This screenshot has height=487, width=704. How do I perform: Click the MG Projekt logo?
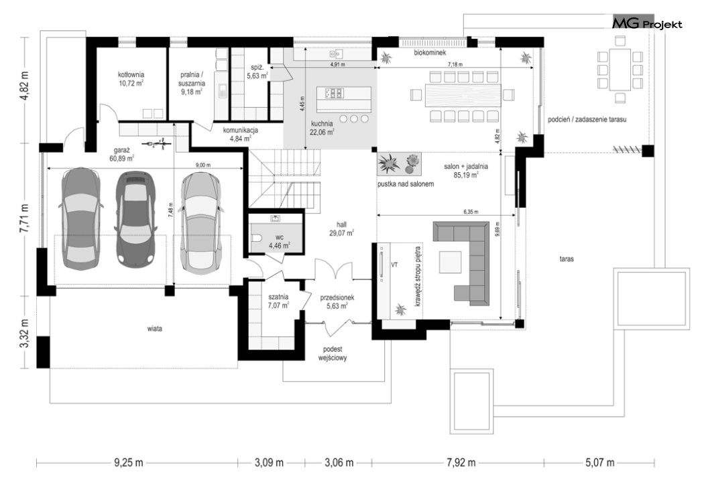(x=647, y=23)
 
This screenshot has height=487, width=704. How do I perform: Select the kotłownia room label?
(x=131, y=79)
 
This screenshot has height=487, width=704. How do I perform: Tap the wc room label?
(x=280, y=241)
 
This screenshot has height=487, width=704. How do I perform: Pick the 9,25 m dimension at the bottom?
(x=129, y=462)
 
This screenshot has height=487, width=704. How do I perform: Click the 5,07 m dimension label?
(x=599, y=462)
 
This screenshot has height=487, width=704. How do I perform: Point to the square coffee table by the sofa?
(x=451, y=262)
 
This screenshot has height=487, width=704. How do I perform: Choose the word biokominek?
(x=430, y=53)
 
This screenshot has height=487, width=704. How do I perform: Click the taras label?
(x=567, y=259)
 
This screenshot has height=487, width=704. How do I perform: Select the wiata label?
(x=154, y=329)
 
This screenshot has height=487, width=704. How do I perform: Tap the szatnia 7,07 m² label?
(x=278, y=301)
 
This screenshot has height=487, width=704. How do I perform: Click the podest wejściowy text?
(x=333, y=354)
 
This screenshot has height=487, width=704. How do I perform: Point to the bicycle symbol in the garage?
(x=156, y=143)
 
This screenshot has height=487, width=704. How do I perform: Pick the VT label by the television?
(x=395, y=265)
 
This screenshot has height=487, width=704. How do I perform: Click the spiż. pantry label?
(x=257, y=72)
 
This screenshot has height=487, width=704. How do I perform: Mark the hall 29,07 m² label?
(x=342, y=229)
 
